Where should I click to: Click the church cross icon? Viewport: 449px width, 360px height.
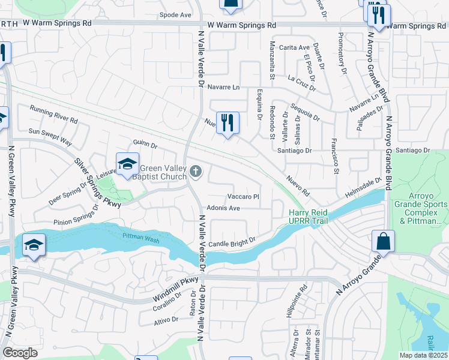[x=194, y=173]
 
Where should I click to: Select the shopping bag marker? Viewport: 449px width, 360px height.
[x=383, y=242]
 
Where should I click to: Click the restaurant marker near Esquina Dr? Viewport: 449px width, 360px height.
[x=228, y=124]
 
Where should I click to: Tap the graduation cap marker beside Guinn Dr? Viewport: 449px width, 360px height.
[x=127, y=164]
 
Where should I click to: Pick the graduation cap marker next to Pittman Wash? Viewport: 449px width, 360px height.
[x=34, y=245]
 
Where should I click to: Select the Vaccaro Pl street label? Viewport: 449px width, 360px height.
[x=243, y=196]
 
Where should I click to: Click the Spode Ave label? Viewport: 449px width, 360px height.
[x=175, y=14]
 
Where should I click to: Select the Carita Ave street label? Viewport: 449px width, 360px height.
[x=294, y=47]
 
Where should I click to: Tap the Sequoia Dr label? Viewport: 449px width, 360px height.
[x=304, y=110]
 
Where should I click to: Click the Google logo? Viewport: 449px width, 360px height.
[x=20, y=353]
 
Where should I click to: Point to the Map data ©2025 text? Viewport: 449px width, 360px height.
[x=422, y=355]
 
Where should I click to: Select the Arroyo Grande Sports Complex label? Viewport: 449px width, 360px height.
[x=420, y=212]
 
